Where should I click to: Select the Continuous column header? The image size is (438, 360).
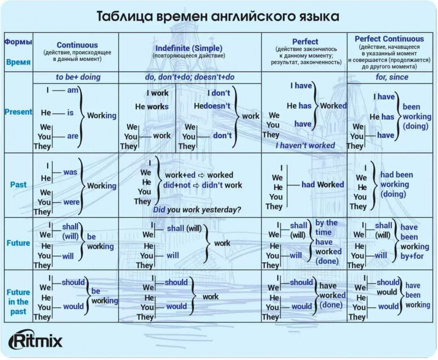coord(77,45)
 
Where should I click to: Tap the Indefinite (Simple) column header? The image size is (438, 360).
coord(189,48)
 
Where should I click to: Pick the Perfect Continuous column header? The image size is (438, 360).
coord(389,39)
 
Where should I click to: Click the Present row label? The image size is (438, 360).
coord(18,112)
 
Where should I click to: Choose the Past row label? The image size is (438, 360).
coord(18,185)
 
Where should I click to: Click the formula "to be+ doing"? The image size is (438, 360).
coord(78,77)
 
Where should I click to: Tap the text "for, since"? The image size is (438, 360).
coord(391,77)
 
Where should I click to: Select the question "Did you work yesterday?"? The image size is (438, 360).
coord(197,210)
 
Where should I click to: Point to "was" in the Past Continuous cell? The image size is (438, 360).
coord(70,172)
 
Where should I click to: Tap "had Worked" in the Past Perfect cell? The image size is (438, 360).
coord(322,185)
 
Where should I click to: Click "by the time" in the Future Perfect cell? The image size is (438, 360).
coord(326,227)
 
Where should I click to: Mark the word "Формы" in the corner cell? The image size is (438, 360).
coord(18,42)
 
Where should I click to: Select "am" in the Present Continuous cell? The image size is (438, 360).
coord(73,90)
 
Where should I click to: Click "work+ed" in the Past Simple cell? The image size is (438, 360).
coord(176,175)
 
